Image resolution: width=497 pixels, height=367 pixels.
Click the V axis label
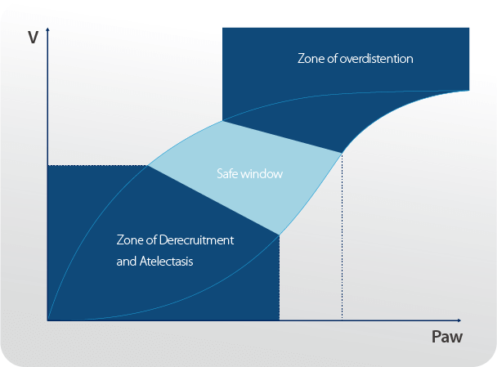(x=34, y=38)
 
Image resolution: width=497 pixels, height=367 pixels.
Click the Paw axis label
(x=447, y=338)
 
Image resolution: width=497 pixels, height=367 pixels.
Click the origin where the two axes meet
(x=48, y=320)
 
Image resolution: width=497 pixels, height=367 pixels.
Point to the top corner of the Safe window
(x=222, y=122)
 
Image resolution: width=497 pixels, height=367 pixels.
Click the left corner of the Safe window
(x=148, y=166)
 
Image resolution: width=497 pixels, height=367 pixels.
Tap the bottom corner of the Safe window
(x=280, y=235)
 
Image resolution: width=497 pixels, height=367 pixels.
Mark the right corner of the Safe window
(x=342, y=152)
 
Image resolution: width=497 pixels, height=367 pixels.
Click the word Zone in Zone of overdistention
(x=310, y=59)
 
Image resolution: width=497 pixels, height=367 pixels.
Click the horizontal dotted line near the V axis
(x=98, y=166)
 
